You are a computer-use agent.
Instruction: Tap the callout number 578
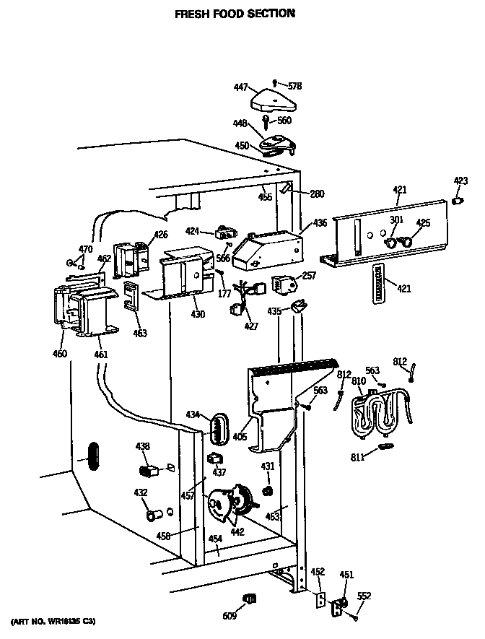[x=294, y=86]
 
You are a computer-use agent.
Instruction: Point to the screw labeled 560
[x=267, y=118]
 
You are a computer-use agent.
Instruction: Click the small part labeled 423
[x=456, y=200]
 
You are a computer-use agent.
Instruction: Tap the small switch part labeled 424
[x=225, y=233]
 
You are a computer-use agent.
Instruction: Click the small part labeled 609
[x=252, y=598]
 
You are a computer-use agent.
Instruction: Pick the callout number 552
[x=364, y=596]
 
